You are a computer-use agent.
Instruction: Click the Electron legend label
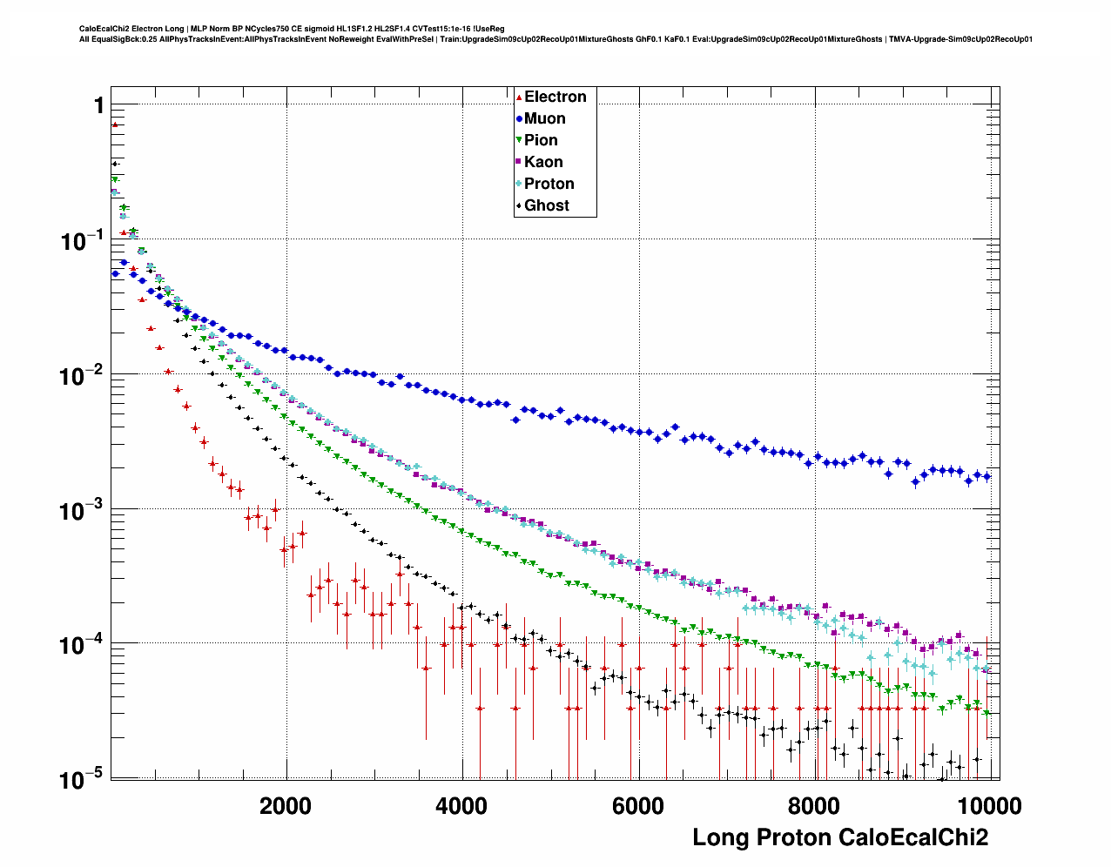[555, 97]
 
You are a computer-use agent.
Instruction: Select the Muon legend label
[544, 118]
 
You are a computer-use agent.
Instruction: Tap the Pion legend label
[541, 140]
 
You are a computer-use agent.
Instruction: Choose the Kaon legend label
[543, 162]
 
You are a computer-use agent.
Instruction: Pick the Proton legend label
[549, 184]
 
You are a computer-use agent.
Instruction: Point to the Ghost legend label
[546, 205]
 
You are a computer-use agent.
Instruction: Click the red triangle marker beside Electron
[519, 97]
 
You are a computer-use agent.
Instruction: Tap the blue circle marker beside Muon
[519, 119]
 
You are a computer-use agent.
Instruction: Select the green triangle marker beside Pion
[519, 141]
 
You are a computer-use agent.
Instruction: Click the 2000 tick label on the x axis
[286, 806]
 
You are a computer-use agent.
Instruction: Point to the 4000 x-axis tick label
[461, 806]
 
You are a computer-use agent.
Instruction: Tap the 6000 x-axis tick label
[637, 806]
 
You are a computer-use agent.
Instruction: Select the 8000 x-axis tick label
[813, 806]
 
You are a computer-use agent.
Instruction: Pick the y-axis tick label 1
[99, 105]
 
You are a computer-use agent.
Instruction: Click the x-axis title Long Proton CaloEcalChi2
[840, 837]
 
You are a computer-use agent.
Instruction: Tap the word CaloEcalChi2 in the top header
[104, 29]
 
